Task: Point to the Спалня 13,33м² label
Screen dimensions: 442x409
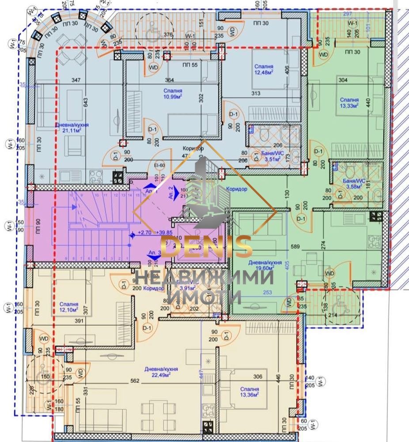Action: [349, 103]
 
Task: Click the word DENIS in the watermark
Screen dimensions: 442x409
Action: [206, 247]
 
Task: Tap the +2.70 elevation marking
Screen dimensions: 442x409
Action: [145, 232]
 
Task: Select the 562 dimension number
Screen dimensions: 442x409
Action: [135, 381]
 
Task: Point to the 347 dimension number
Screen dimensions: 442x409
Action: [76, 80]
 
